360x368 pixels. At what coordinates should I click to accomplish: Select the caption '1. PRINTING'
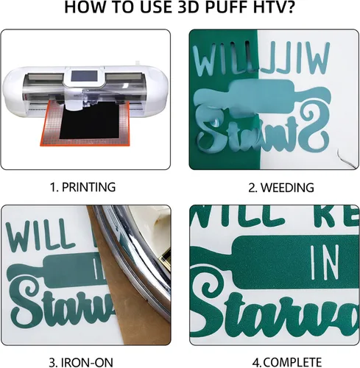point(82,187)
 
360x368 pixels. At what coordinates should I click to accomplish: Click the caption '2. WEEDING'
point(275,187)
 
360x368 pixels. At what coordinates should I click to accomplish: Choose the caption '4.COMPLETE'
point(275,361)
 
